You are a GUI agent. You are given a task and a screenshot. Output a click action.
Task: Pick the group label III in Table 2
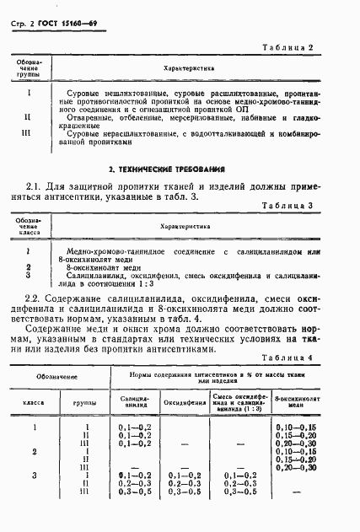click(29, 133)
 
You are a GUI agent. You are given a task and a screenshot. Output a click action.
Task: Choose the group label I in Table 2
click(29, 93)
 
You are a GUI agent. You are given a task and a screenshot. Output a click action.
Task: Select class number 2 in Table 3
click(28, 266)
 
